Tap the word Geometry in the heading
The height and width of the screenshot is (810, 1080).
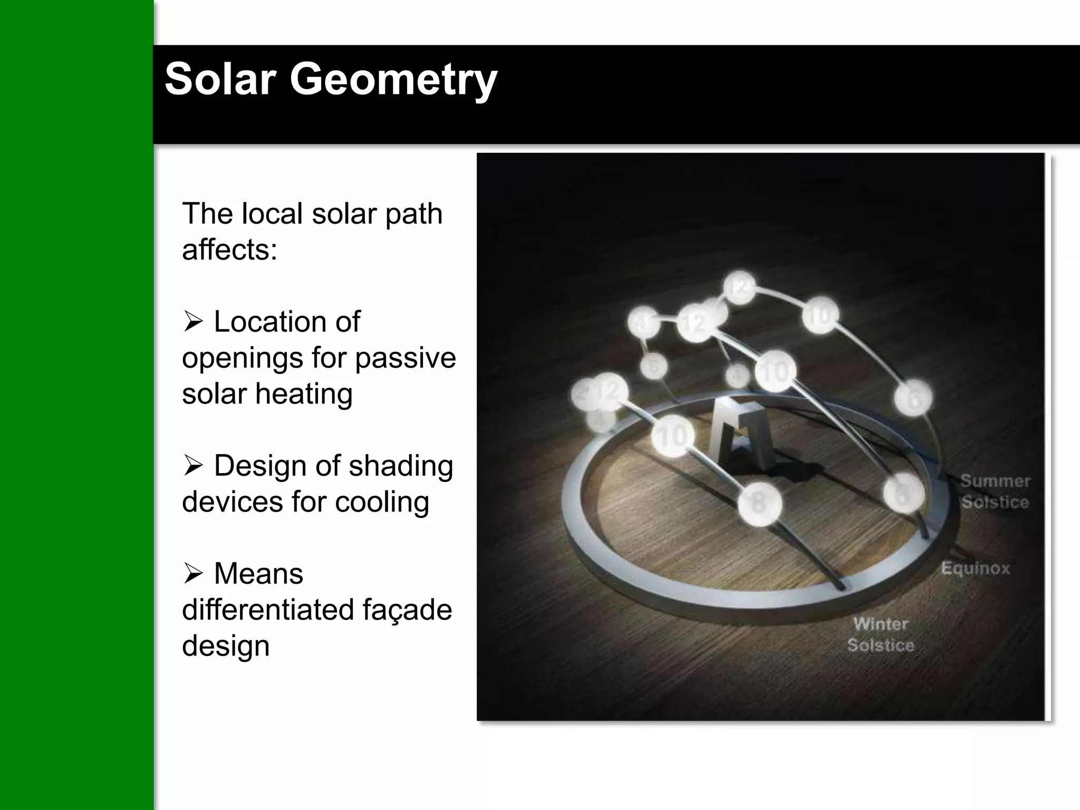point(393,80)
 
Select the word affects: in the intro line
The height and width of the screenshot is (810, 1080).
point(229,249)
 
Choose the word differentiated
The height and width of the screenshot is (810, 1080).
point(267,610)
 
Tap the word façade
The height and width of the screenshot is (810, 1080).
point(407,611)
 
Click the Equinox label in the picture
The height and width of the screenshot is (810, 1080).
point(975,568)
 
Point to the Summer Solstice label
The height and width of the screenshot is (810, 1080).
point(995,491)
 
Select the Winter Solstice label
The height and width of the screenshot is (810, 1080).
point(881,634)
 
